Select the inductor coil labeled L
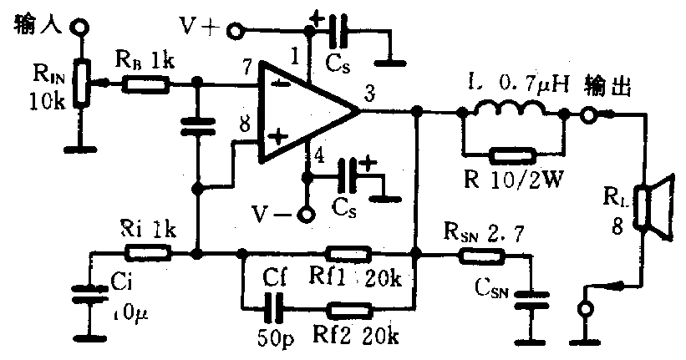510,110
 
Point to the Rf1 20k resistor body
348,252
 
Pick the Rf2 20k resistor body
348,311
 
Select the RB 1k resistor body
147,83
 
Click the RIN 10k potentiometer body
80,84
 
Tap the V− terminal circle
307,215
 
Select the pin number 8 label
243,125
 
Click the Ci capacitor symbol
84,293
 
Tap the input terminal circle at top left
79,27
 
